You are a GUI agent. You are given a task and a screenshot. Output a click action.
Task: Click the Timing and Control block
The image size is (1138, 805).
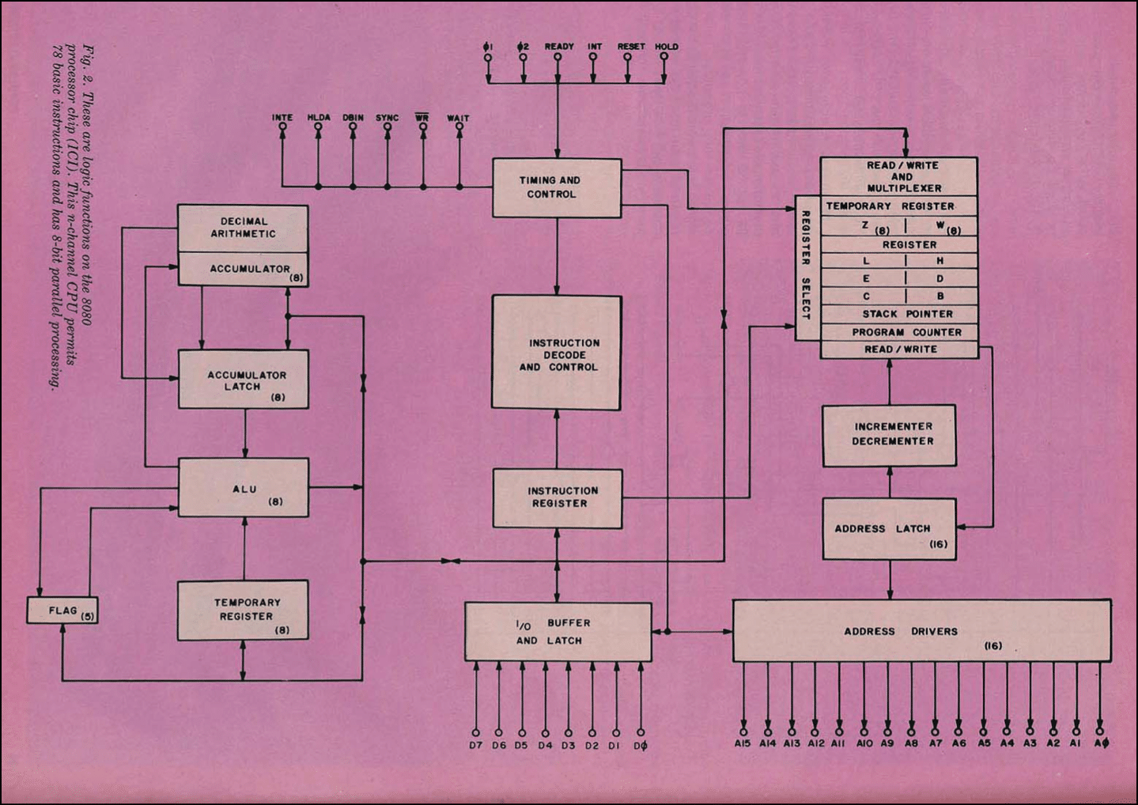pos(557,187)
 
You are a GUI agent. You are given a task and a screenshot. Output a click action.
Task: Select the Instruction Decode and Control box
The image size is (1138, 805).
pos(557,353)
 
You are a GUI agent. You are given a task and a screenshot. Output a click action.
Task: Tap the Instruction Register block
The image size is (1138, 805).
pos(558,498)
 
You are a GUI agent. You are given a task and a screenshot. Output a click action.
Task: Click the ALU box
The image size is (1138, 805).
pos(244,488)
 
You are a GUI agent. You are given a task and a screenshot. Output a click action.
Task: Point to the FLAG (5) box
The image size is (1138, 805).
pos(62,610)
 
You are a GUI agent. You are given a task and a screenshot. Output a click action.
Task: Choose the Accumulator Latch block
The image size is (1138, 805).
pos(244,380)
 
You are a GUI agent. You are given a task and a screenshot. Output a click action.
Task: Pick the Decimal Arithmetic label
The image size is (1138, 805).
pos(243,228)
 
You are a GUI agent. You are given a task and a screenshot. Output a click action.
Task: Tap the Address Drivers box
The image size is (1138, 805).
pos(921,631)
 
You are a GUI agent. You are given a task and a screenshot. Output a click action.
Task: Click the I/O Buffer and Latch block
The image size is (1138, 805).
pos(558,632)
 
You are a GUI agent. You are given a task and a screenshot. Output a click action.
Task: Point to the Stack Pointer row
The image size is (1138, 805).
pos(899,314)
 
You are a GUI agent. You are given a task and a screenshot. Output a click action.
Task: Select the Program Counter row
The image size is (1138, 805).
pos(899,332)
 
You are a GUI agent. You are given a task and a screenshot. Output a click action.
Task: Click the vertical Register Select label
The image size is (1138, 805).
pos(807,266)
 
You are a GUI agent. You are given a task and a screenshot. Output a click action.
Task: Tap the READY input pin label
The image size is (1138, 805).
pos(559,47)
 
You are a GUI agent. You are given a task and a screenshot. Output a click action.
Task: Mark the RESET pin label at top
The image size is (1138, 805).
pos(631,47)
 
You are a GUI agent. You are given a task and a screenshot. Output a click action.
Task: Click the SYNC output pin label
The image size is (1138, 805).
pos(388,118)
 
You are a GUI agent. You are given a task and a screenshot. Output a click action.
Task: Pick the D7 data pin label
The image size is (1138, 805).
pos(475,745)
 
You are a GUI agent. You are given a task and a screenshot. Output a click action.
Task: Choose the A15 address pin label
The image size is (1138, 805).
pos(743,743)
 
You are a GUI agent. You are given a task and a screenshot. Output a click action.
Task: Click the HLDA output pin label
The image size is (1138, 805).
pos(319,118)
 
